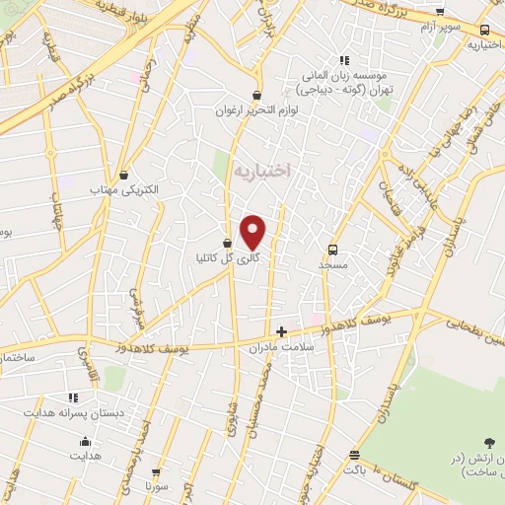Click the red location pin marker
click(x=254, y=232)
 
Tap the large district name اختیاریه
click(x=263, y=171)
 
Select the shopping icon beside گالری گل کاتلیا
click(x=228, y=243)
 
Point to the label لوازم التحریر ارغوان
click(x=257, y=111)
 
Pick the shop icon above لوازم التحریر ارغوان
click(x=257, y=96)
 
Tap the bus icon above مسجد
click(x=332, y=250)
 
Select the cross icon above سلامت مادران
click(x=281, y=331)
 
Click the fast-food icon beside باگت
click(x=353, y=455)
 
